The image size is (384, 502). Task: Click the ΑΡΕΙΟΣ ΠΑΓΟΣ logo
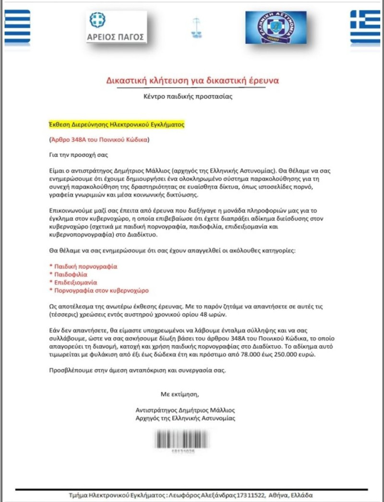[x=117, y=28]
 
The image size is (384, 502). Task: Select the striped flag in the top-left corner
[x=17, y=27]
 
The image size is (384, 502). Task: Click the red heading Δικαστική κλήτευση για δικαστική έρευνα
[x=192, y=80]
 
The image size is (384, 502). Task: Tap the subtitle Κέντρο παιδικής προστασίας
[x=192, y=96]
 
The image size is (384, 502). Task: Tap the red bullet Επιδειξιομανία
[x=75, y=282]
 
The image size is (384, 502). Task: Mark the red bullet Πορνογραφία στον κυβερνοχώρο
[x=101, y=290]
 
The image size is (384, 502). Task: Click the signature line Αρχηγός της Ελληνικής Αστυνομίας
[x=186, y=418]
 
